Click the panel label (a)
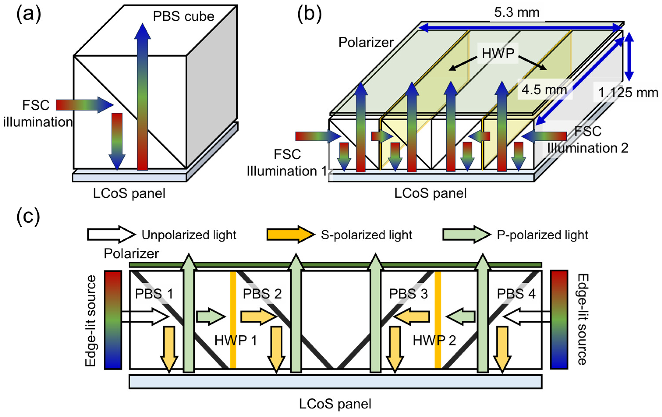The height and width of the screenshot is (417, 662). [29, 14]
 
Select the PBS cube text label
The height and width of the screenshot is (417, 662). [183, 16]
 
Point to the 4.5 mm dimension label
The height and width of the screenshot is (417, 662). [544, 90]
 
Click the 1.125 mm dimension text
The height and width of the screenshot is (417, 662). [628, 93]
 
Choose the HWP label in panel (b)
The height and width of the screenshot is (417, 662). [498, 53]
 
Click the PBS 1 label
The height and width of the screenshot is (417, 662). [154, 294]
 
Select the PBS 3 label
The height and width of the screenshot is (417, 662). [408, 294]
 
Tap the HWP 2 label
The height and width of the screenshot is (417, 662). [434, 341]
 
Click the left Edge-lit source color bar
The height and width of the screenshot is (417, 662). [113, 320]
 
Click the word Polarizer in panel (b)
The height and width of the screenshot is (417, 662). [366, 42]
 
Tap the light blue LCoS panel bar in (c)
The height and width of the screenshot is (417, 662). [335, 382]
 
